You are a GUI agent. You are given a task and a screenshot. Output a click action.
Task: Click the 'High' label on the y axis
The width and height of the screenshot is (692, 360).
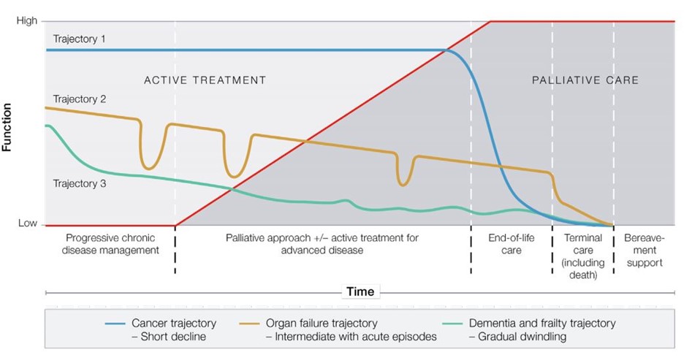coord(26,21)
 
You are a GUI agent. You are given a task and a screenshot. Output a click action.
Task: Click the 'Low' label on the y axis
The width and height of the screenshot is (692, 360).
coord(27,223)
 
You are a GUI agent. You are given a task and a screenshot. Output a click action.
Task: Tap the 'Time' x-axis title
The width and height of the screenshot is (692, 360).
coord(360,292)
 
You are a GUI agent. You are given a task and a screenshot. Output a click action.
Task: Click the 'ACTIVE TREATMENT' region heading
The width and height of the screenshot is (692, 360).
coord(205,80)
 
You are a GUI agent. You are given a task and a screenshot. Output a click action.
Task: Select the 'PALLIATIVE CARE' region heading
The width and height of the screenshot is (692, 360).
coord(585,80)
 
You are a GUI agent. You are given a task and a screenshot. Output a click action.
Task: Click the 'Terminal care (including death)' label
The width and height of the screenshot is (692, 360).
coord(582,256)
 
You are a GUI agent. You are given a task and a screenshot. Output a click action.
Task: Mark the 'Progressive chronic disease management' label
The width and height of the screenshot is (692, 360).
coord(112,244)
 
